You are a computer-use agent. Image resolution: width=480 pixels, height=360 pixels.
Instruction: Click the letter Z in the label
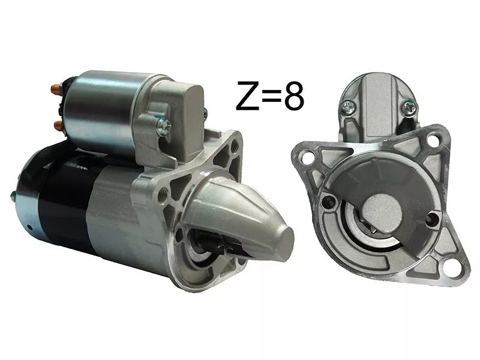(248, 95)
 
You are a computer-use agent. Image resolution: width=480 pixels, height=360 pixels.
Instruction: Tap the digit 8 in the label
(294, 95)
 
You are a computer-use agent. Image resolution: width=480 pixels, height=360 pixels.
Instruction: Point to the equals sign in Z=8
(272, 96)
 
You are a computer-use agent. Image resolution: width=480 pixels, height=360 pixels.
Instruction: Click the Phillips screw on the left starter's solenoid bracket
(163, 127)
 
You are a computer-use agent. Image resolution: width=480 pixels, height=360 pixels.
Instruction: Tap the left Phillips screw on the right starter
(349, 107)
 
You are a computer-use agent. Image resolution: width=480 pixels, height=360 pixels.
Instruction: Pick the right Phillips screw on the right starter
(410, 107)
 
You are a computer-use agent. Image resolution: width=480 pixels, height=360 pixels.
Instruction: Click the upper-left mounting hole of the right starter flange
(306, 156)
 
